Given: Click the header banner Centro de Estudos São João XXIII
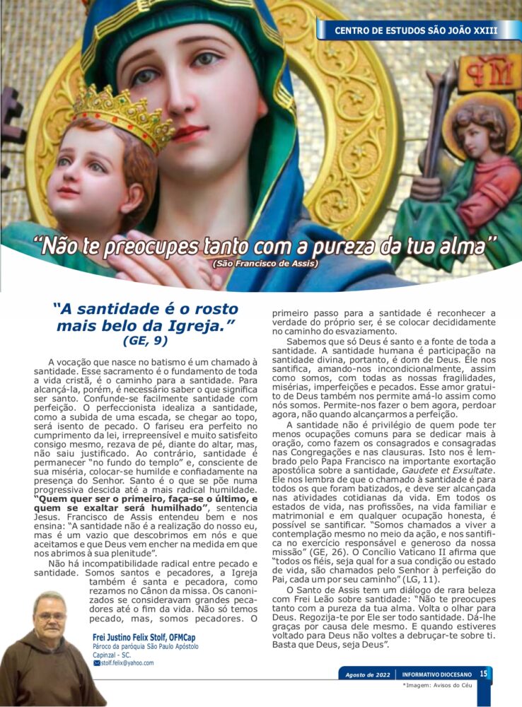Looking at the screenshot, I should [x=416, y=30].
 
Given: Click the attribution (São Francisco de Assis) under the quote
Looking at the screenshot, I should [x=265, y=264].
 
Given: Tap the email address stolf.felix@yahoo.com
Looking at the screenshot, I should [x=127, y=663].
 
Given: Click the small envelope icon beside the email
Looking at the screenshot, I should [x=97, y=663].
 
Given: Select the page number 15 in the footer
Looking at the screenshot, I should [x=484, y=674].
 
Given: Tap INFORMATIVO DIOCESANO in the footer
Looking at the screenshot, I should [x=434, y=674].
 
